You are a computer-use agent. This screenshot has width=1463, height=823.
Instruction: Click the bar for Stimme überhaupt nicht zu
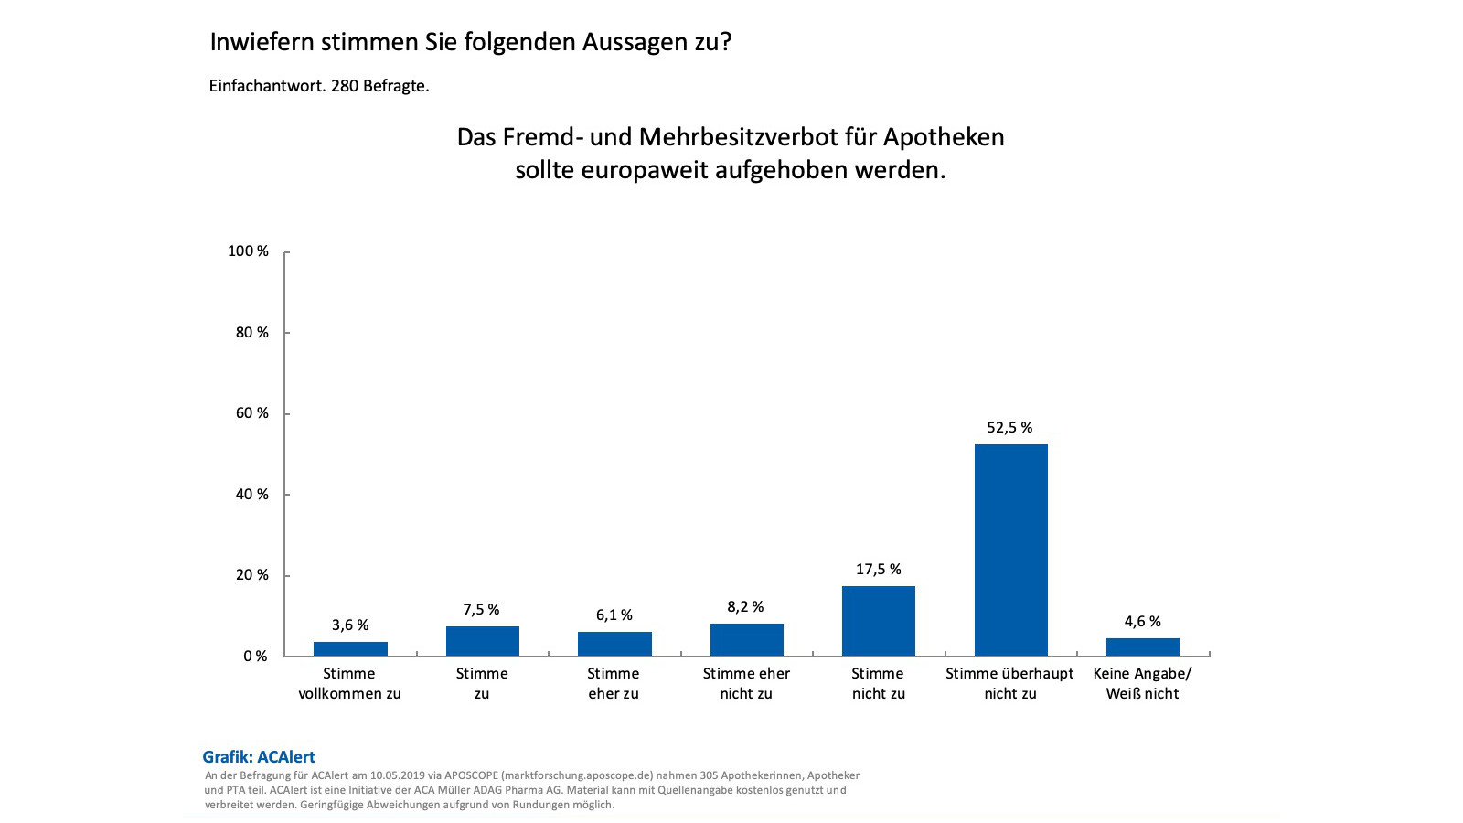tap(1010, 550)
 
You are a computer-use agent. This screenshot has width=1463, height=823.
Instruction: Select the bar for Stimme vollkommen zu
tap(350, 648)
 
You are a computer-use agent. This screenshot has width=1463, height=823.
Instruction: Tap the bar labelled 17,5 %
tap(878, 620)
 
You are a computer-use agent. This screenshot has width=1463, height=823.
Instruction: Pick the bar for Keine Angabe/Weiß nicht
tap(1142, 647)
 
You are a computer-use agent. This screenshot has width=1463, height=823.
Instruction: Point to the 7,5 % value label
tap(481, 610)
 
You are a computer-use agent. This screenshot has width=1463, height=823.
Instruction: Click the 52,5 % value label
tap(1009, 428)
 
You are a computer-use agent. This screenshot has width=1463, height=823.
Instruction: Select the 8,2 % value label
tap(745, 607)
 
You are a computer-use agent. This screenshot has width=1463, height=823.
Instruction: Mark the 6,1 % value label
tap(614, 615)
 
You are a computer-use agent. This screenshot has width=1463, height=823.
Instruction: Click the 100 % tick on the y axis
tap(248, 251)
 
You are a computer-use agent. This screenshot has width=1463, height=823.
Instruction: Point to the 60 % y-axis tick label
tap(251, 413)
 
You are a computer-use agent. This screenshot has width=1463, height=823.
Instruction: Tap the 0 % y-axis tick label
tap(255, 657)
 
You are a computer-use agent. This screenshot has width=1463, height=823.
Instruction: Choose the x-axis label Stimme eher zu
tap(614, 683)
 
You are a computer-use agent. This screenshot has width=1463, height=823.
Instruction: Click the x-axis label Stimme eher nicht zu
tap(746, 683)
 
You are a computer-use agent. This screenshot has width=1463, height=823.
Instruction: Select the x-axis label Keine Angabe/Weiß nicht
tap(1142, 683)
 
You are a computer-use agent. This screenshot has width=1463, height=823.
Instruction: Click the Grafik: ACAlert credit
tap(259, 757)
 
